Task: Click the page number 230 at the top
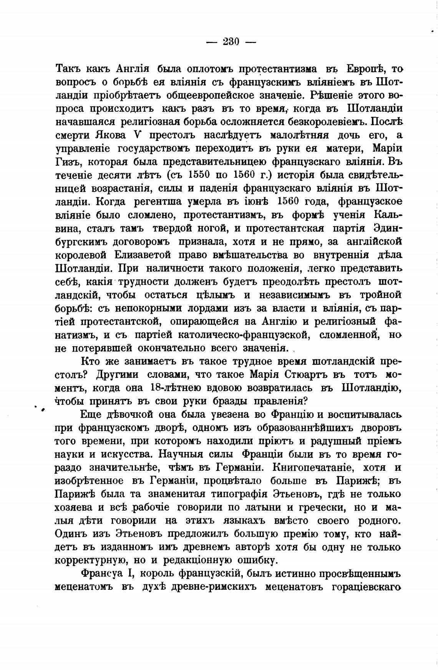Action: tap(231, 41)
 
